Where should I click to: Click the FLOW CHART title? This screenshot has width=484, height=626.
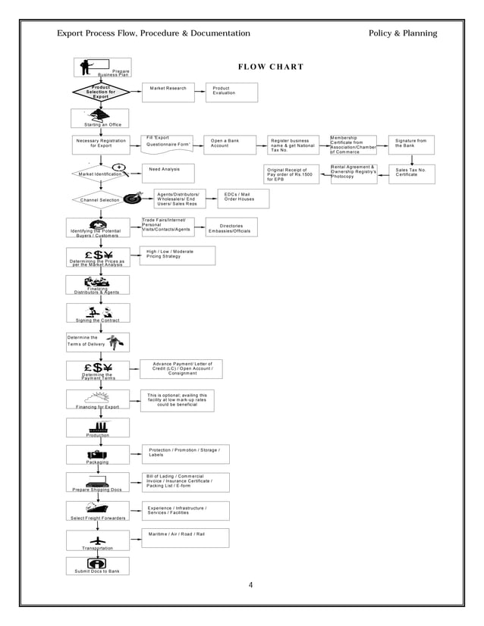pyautogui.click(x=271, y=67)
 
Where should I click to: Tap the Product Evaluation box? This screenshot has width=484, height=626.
pyautogui.click(x=231, y=92)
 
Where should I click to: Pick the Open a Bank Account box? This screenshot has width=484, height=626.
pyautogui.click(x=231, y=144)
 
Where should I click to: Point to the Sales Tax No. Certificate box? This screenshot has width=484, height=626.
pyautogui.click(x=412, y=174)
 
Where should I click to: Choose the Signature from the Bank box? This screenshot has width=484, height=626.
pyautogui.click(x=412, y=144)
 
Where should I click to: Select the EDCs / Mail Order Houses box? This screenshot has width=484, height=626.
pyautogui.click(x=243, y=199)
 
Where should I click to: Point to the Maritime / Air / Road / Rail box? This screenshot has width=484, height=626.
pyautogui.click(x=185, y=537)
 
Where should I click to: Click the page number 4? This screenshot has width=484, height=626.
pyautogui.click(x=251, y=585)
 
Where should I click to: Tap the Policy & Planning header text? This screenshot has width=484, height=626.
pyautogui.click(x=402, y=33)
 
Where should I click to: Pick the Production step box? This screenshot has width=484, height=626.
pyautogui.click(x=97, y=427)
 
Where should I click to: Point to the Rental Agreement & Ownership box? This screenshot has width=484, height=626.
pyautogui.click(x=354, y=172)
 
